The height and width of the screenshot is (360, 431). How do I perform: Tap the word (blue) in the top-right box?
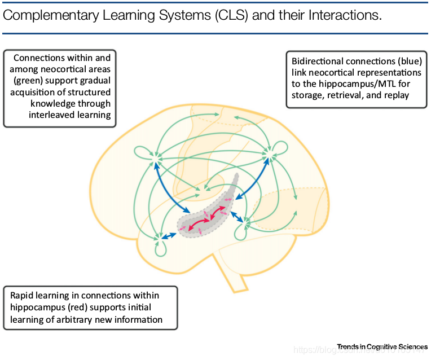tap(407, 61)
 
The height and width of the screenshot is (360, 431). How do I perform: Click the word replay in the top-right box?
tap(397, 95)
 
